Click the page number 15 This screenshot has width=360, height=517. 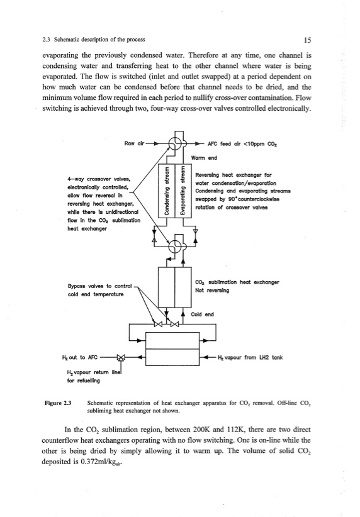pos(307,40)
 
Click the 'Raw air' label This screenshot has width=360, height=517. pos(134,143)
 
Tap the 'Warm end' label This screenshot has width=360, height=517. pos(204,158)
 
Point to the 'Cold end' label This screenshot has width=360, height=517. pos(202,314)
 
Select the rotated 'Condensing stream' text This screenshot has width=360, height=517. pos(167,191)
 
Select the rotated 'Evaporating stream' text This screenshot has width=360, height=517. pos(183,191)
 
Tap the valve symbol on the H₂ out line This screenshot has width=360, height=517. pos(121,357)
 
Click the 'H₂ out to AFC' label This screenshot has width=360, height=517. pos(80,357)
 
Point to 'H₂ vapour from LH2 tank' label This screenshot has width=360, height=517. pos(250,357)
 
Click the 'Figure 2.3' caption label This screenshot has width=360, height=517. pos(58,403)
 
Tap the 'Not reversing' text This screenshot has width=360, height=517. pos(212,291)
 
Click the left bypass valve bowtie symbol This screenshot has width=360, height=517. pos(159,324)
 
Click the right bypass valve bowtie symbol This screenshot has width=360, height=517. pos(175,324)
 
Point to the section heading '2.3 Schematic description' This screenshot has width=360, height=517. pos(94,40)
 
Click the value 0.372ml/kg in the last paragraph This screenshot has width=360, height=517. pos(101,462)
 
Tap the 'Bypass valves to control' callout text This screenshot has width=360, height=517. pos(99,286)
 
